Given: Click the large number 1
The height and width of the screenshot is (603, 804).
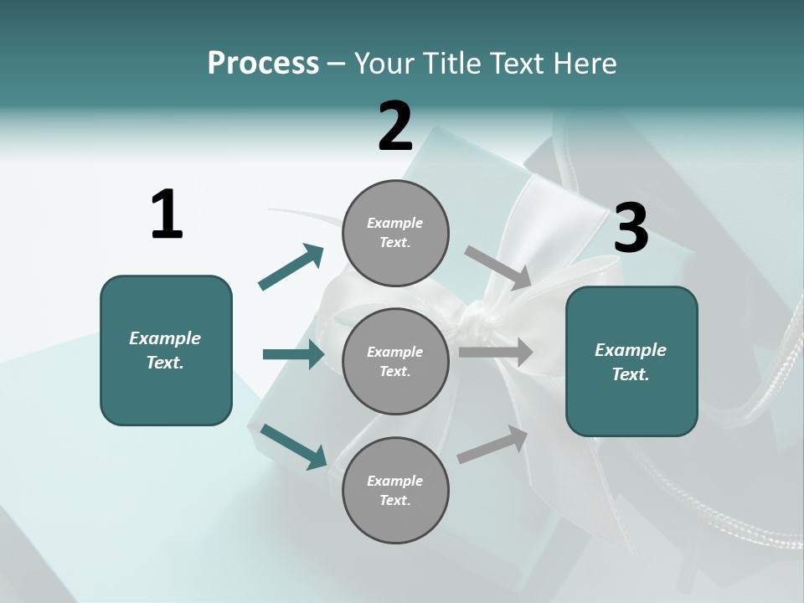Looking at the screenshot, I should coord(167,214).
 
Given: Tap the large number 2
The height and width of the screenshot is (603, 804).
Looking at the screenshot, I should coord(395,126).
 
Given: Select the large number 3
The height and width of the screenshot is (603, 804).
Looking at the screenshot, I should coord(631,229).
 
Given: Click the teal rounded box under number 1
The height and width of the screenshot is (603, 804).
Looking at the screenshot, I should coord(166,350).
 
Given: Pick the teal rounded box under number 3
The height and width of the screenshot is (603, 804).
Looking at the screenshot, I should coord(631,362).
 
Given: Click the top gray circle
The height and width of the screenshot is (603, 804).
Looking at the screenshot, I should coord(395,233).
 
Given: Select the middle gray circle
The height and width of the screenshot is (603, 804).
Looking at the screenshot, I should coord(395,361).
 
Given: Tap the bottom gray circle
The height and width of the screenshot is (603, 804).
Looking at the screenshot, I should coord(395,490).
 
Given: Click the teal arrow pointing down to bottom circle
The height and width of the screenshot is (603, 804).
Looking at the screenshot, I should coord(293,446).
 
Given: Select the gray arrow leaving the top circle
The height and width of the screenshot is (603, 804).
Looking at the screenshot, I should coord(498,267).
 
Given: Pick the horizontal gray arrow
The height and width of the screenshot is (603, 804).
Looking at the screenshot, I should coord(495,353).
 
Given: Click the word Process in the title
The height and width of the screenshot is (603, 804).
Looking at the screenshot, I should coord(263,63).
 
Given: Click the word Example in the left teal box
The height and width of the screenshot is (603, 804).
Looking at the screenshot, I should coord(165,338).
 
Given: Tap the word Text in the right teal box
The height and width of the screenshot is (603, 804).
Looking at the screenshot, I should coord(631,374).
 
